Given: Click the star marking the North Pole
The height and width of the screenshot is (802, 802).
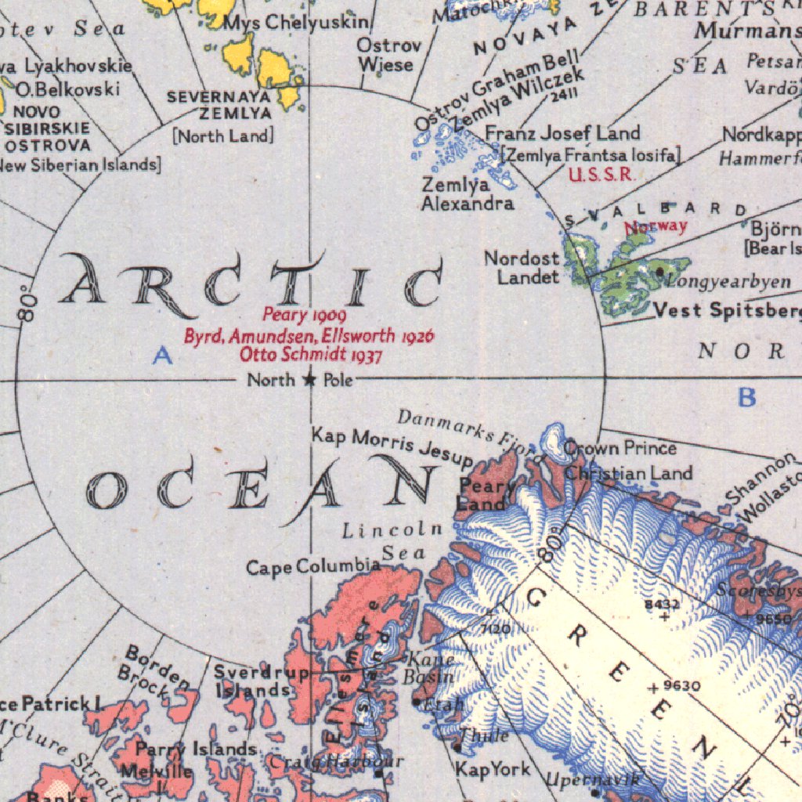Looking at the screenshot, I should (x=309, y=381).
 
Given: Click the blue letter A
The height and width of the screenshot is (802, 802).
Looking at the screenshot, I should (x=162, y=356).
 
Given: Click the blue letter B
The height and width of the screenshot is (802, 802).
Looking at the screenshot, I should (x=747, y=398).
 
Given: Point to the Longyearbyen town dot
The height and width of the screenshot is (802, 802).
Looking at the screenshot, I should (x=660, y=271).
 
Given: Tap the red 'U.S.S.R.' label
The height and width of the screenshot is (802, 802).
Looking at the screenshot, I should (x=601, y=175).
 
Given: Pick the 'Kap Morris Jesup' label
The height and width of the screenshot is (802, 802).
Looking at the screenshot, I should (x=392, y=446).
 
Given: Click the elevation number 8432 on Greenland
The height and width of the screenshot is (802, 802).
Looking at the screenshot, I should (x=662, y=604).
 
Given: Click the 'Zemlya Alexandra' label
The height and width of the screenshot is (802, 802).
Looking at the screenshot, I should (x=468, y=194).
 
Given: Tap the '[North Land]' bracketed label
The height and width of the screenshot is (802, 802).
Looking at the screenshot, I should (x=223, y=135).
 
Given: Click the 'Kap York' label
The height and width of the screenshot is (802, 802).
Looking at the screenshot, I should (x=493, y=769).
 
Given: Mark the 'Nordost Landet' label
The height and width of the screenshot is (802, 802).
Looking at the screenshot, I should (x=522, y=267).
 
